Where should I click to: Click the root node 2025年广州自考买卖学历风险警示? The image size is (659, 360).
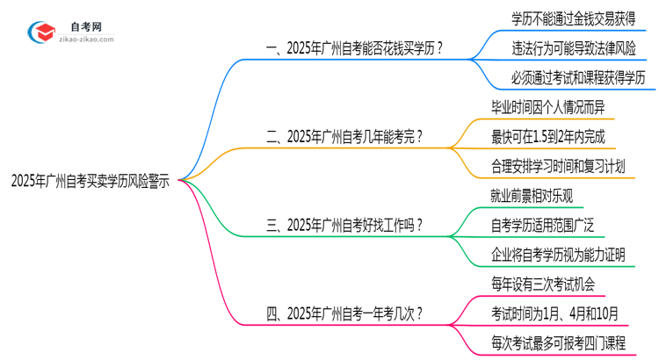pyautogui.click(x=90, y=181)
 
